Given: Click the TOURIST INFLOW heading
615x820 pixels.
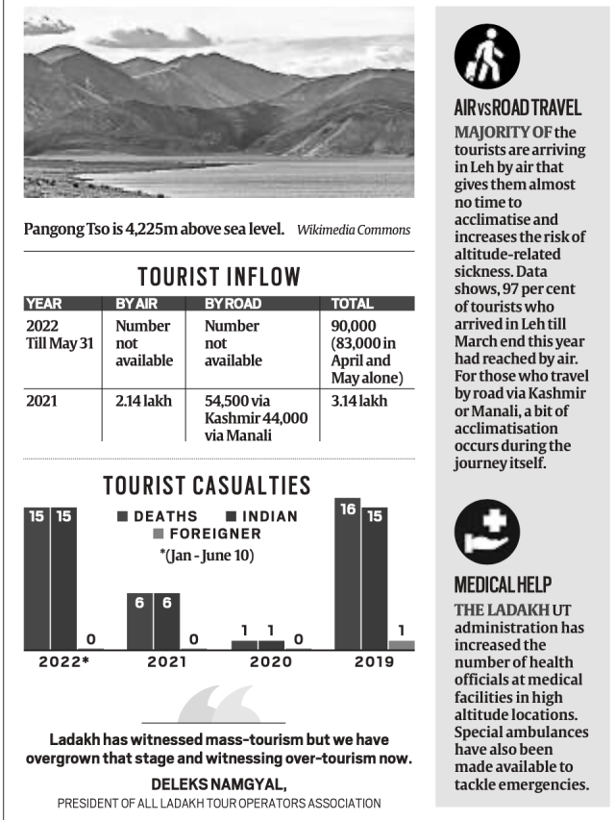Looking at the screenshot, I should click(x=219, y=277).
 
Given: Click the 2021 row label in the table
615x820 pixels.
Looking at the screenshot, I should click(x=43, y=401).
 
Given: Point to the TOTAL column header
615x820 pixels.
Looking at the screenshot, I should click(x=352, y=304).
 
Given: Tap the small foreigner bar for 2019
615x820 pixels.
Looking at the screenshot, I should click(x=402, y=644).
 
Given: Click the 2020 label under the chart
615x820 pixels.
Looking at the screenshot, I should click(x=271, y=662).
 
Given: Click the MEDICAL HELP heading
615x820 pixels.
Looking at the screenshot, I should click(x=504, y=584).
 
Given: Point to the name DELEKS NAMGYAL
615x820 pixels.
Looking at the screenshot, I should click(x=218, y=784).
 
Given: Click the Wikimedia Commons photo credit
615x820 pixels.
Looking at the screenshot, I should click(x=354, y=230).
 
